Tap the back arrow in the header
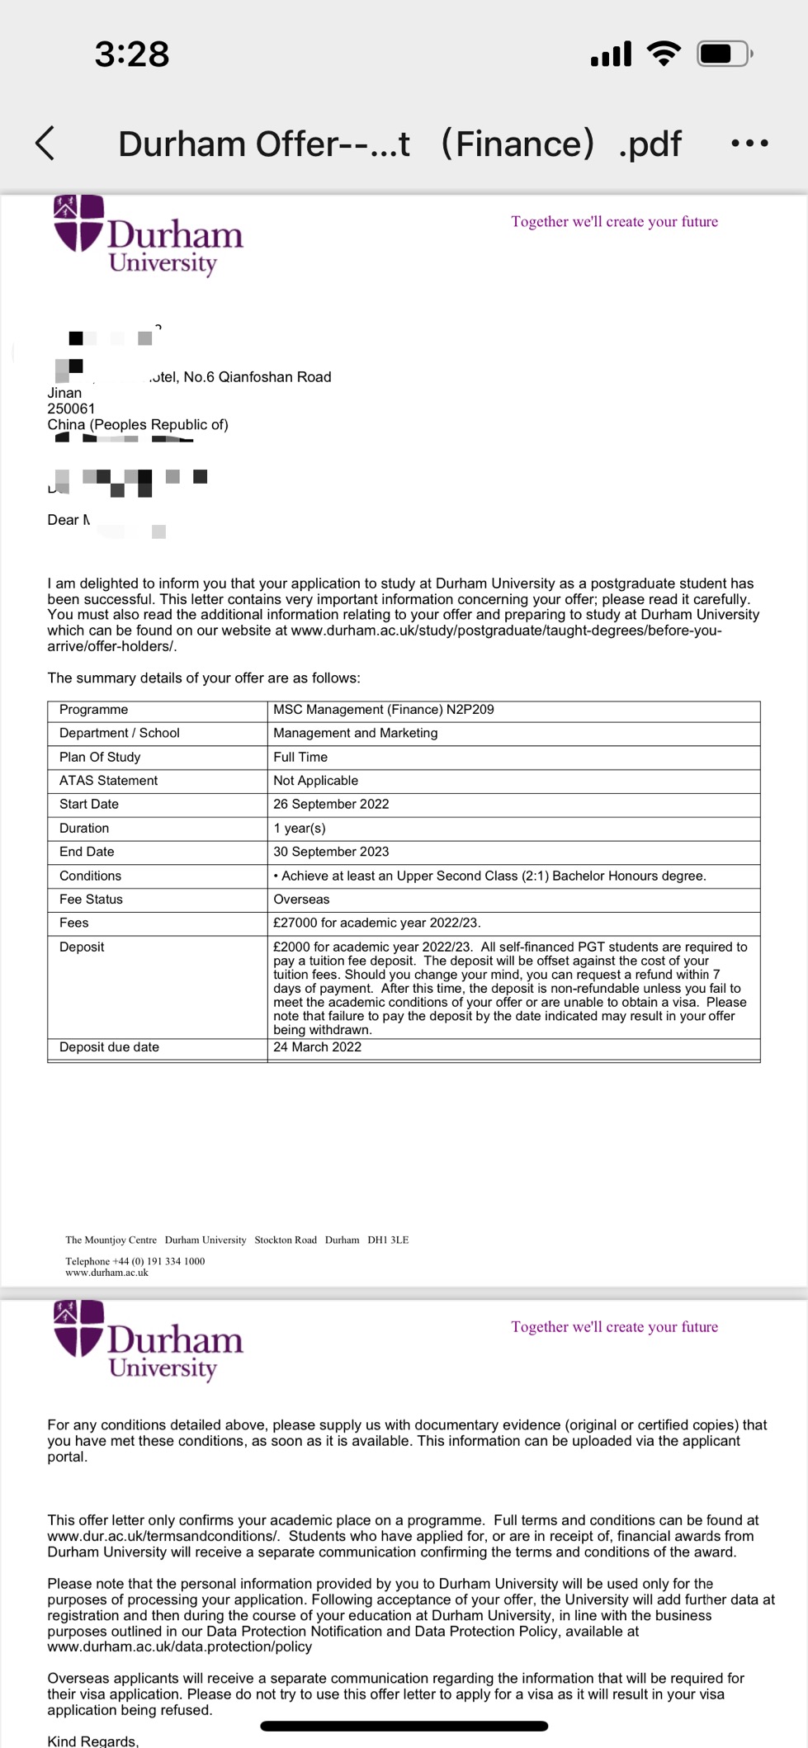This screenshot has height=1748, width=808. (x=45, y=144)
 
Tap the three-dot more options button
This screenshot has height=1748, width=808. (x=749, y=144)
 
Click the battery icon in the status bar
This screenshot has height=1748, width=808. (x=724, y=54)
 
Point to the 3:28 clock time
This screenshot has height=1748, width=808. (x=132, y=54)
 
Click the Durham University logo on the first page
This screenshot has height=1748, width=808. (x=149, y=235)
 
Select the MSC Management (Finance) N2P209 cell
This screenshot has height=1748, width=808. (x=384, y=710)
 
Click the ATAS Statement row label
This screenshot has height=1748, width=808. (x=108, y=781)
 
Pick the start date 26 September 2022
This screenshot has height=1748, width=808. (x=331, y=805)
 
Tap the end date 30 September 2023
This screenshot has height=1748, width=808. (x=331, y=852)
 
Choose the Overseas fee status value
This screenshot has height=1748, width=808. (x=301, y=900)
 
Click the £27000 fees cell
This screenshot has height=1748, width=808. (x=376, y=924)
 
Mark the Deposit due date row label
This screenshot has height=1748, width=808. (x=109, y=1047)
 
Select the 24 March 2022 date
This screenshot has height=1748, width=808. (x=317, y=1047)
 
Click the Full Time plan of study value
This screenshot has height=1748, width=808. (x=300, y=758)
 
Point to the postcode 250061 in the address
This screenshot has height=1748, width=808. (x=71, y=409)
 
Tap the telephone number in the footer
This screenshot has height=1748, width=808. (x=135, y=1261)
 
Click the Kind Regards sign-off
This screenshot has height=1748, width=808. (x=92, y=1741)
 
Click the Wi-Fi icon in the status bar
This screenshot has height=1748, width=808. (x=664, y=54)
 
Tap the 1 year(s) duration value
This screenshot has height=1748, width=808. (x=300, y=829)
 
